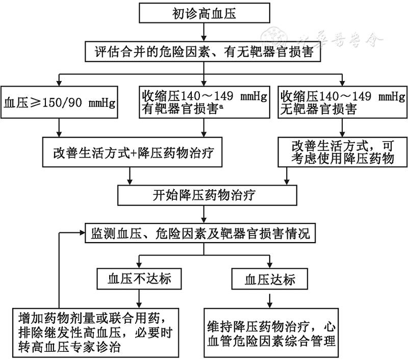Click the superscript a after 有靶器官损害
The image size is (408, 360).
(221, 106)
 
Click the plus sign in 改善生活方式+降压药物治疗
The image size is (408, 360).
(134, 153)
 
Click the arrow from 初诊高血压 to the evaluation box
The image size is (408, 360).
(204, 33)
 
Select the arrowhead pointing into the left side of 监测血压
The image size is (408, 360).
(83, 233)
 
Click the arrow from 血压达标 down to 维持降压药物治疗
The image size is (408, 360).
(270, 301)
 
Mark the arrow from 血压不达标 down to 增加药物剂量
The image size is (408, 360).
(139, 299)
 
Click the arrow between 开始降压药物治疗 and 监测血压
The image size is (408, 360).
(204, 214)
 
